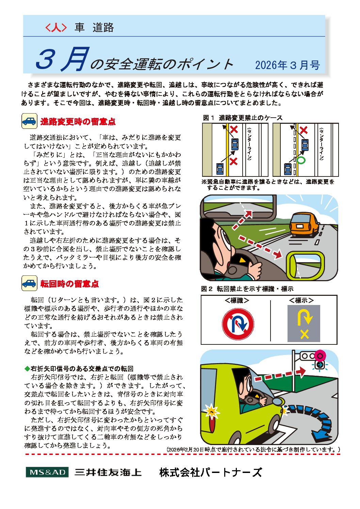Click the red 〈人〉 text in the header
point(56,27)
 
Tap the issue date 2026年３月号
point(288,65)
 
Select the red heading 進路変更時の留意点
point(78,121)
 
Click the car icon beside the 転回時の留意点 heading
point(29,283)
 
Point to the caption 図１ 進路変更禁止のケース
point(243,118)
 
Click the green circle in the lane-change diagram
point(301,159)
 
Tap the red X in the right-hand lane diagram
point(304,130)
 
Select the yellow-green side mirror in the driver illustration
point(305,266)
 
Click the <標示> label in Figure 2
point(301,300)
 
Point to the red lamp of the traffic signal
point(320,356)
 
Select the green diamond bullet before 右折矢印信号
point(27,369)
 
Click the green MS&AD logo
point(47,472)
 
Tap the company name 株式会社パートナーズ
point(211,472)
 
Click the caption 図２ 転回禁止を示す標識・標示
point(247,289)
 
